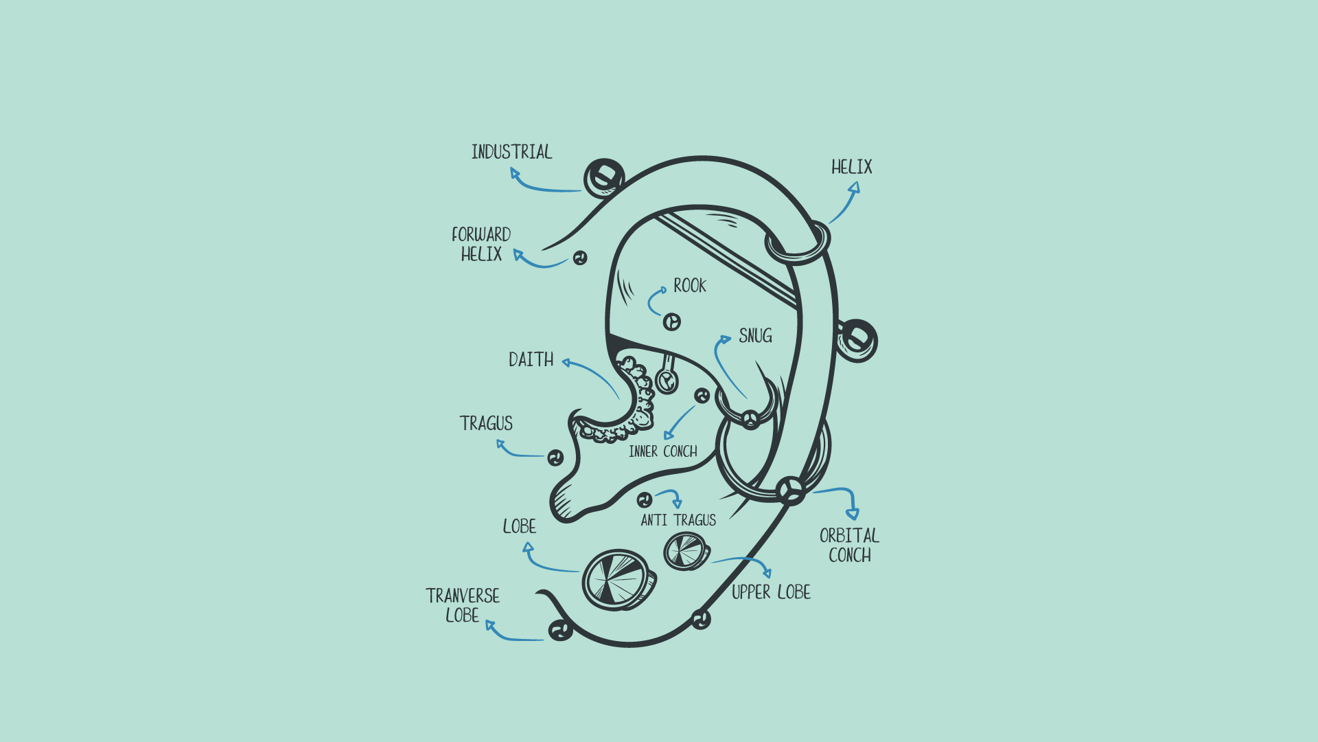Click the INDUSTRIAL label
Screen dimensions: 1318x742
[x=511, y=152]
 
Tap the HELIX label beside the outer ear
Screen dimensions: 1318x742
[x=851, y=167]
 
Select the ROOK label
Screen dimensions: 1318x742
[x=690, y=286]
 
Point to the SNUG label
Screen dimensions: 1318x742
[x=755, y=336]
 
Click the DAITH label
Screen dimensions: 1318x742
[x=531, y=359]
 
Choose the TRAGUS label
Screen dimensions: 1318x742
[x=486, y=423]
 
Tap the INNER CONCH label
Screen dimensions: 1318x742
[x=662, y=451]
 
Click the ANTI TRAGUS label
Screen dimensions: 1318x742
[x=678, y=520]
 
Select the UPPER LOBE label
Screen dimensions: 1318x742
[x=771, y=592]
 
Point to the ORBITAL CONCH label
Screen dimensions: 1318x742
[x=849, y=546]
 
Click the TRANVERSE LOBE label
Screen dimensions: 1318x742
[x=463, y=605]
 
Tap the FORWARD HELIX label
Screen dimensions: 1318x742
[x=481, y=244]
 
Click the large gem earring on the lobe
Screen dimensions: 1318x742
[x=618, y=579]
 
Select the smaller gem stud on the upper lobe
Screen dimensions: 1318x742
[x=686, y=551]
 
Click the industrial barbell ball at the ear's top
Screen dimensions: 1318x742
[x=603, y=178]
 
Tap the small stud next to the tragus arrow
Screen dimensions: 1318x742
[x=555, y=458]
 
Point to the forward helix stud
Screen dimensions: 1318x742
[x=580, y=258]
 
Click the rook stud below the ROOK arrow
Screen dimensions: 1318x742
[x=672, y=322]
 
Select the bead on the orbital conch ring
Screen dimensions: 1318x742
[x=791, y=491]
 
